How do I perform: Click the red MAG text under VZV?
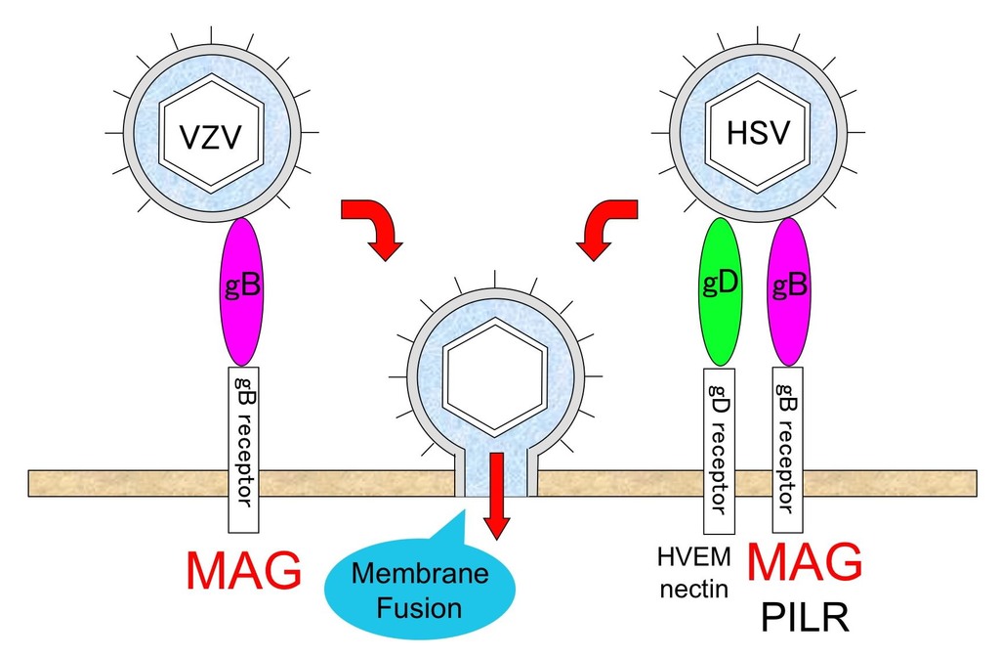[244, 573]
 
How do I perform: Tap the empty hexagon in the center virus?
[494, 377]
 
